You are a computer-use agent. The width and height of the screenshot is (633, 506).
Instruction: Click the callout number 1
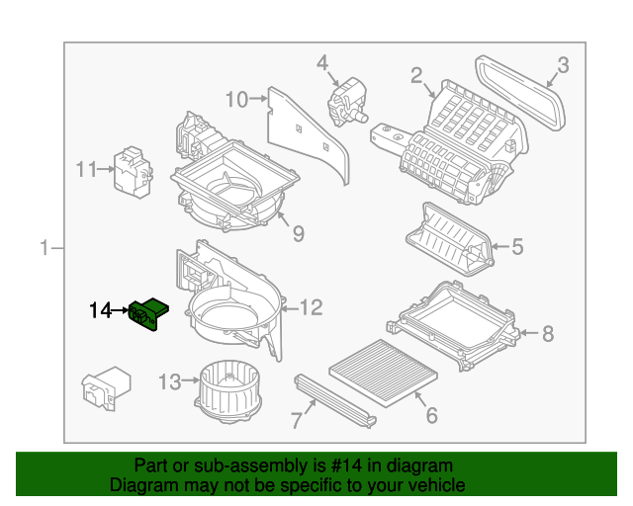click(x=44, y=247)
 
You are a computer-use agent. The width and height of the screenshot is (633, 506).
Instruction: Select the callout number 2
click(x=416, y=74)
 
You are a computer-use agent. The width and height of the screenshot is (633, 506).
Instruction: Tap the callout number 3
click(x=562, y=66)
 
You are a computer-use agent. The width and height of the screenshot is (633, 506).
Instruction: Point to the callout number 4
click(x=321, y=63)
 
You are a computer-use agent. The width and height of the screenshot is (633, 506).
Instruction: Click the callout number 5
click(x=516, y=247)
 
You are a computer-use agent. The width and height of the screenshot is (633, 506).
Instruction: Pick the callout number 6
click(x=431, y=416)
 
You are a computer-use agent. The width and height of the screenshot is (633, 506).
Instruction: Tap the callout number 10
click(x=236, y=99)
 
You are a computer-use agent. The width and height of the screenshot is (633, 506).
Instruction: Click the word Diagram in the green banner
click(x=137, y=485)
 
